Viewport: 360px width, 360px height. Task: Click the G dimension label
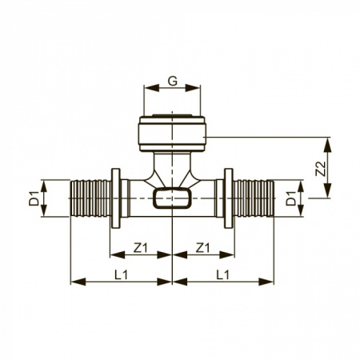[173, 81]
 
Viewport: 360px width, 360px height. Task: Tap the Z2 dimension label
[321, 169]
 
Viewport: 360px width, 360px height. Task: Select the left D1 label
[34, 198]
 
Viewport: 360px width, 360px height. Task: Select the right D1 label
[291, 198]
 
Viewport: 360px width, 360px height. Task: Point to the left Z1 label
[140, 248]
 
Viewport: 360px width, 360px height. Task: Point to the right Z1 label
[202, 248]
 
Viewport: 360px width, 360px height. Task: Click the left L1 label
[122, 274]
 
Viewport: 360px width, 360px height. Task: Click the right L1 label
[222, 274]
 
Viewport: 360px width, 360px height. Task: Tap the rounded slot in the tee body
[172, 198]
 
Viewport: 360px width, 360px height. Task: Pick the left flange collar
[116, 198]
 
